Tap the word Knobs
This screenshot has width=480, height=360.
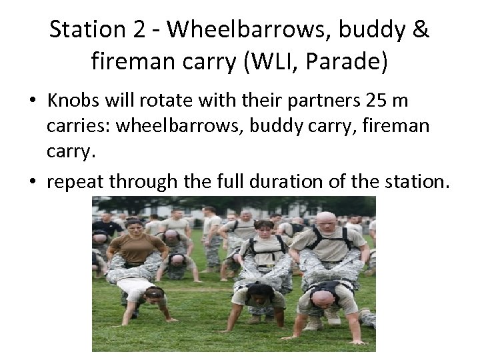pyautogui.click(x=73, y=101)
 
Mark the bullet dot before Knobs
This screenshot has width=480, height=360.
pyautogui.click(x=32, y=101)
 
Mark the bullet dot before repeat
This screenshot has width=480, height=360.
pyautogui.click(x=32, y=181)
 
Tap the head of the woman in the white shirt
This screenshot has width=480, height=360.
pyautogui.click(x=154, y=293)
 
